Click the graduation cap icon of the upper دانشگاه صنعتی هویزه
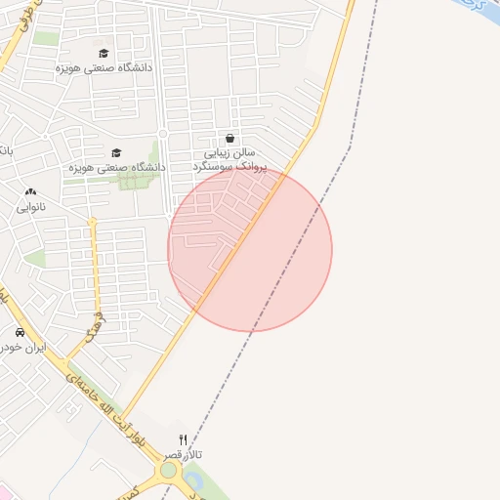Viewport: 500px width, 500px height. coord(104,53)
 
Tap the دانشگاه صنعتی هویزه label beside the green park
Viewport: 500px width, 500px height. coord(115,167)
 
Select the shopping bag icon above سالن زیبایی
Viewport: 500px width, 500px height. coord(229,139)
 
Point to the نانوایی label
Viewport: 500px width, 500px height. coord(29,208)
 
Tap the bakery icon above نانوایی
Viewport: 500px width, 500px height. coord(29,193)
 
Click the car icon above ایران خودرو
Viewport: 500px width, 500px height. coord(20,333)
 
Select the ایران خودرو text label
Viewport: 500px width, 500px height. coord(23,348)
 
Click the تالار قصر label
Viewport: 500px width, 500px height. coord(183,456)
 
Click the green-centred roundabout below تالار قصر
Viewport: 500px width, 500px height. coord(168,471)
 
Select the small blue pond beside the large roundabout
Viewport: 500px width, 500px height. coord(192,479)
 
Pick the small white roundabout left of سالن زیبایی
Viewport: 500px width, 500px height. coord(163,133)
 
